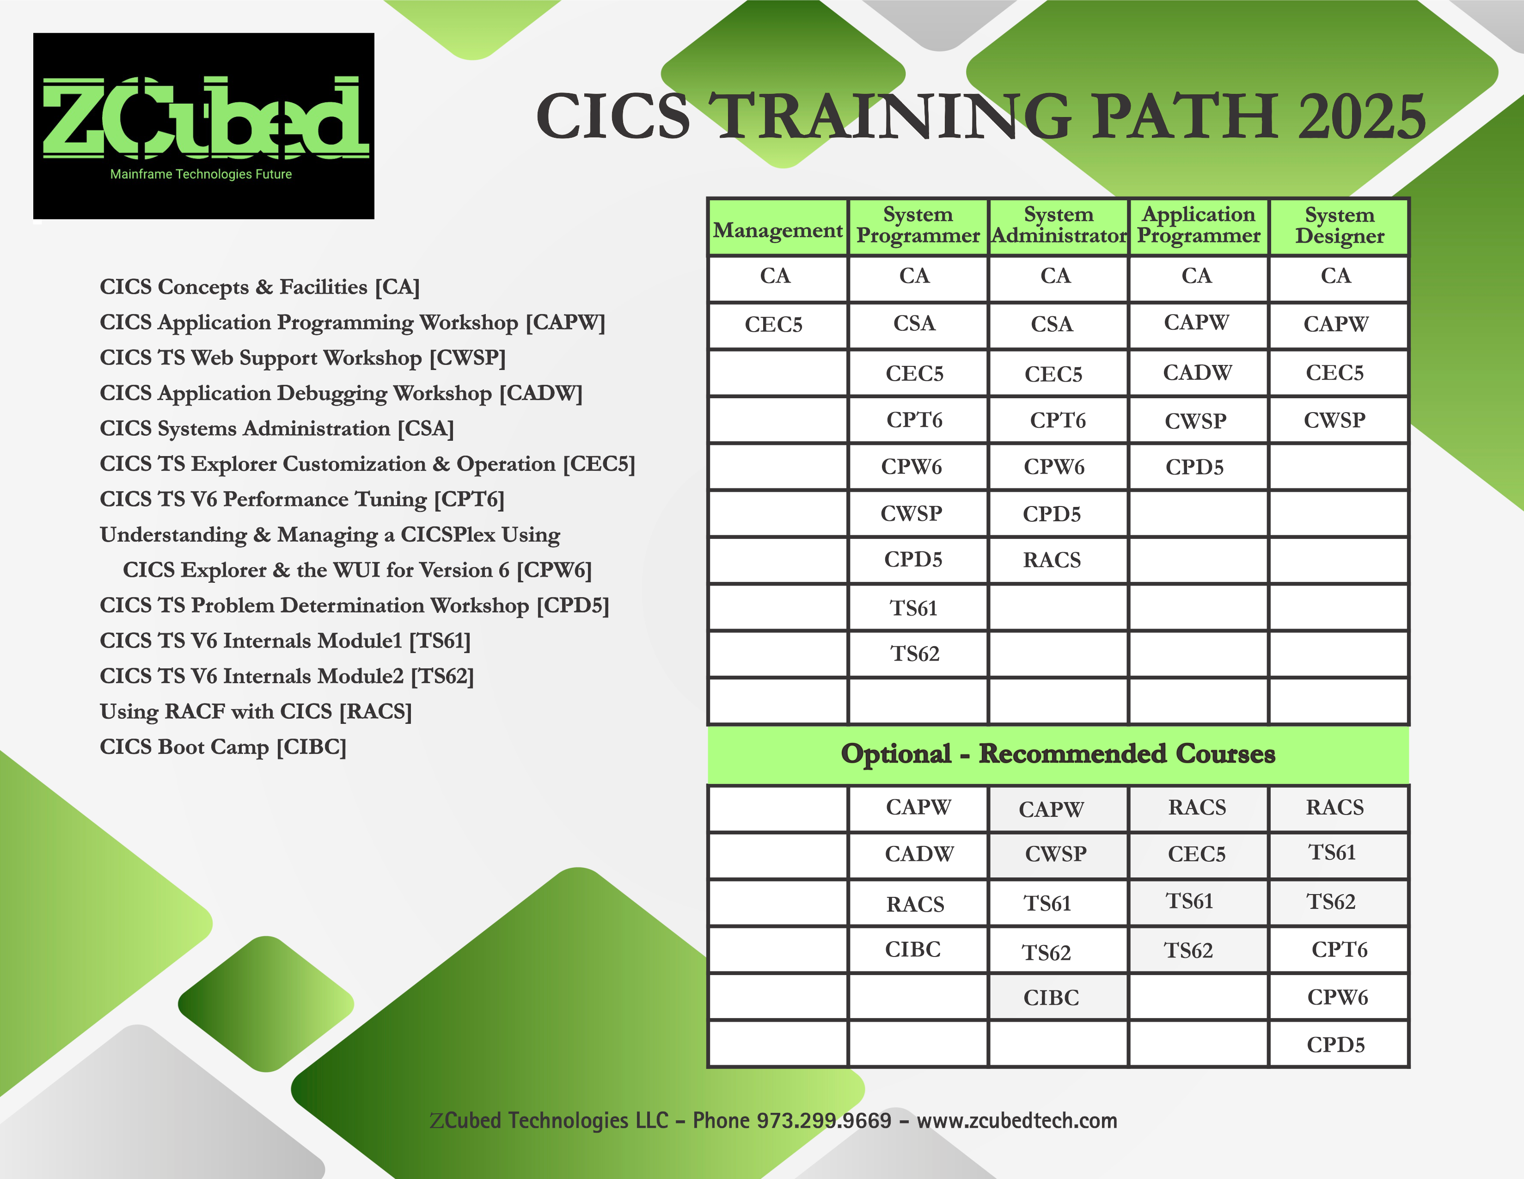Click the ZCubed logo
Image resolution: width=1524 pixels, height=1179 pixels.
point(204,126)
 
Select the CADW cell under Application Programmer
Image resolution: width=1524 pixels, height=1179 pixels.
point(1197,373)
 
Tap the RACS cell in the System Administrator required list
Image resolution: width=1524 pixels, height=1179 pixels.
point(1052,560)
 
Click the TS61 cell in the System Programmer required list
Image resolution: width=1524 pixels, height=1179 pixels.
point(914,608)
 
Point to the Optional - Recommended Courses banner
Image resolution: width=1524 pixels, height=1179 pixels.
point(1058,754)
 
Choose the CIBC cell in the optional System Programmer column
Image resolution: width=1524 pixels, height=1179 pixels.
point(913,949)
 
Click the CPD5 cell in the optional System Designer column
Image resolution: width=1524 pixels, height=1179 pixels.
point(1335,1044)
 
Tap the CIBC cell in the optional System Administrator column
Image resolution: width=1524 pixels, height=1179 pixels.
point(1051,998)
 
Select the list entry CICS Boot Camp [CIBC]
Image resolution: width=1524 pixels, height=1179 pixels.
point(223,747)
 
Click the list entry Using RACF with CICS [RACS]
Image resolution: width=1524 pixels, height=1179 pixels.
point(256,711)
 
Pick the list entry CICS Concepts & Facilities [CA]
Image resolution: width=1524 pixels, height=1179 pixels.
point(260,287)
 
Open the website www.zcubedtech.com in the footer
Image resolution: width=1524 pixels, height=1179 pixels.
point(1017,1120)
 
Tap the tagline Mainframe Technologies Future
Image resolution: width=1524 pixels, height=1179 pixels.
point(201,174)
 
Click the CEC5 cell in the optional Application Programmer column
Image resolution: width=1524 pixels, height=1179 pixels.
point(1197,854)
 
